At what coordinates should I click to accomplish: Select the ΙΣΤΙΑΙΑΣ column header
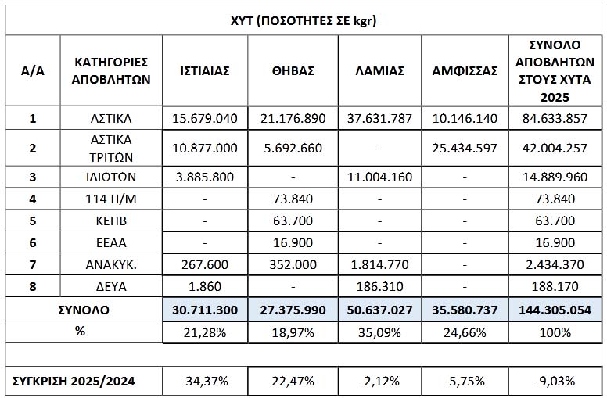(204, 70)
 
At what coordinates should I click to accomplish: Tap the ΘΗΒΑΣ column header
(293, 70)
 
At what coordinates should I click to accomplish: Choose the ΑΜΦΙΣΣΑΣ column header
(465, 70)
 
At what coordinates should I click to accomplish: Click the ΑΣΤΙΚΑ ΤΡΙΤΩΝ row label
(111, 147)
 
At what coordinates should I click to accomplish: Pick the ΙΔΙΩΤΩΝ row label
(111, 177)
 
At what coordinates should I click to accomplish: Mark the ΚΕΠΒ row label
(111, 221)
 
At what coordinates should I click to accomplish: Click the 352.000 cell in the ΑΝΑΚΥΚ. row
(293, 266)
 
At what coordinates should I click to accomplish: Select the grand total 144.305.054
(554, 310)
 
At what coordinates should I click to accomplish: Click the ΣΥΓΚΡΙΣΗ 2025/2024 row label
(75, 381)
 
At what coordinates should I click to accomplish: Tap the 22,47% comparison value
(293, 381)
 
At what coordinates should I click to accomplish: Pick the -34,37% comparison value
(204, 381)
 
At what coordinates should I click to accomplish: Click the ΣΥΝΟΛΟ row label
(84, 310)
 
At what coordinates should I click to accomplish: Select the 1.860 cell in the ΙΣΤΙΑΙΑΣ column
(204, 288)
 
